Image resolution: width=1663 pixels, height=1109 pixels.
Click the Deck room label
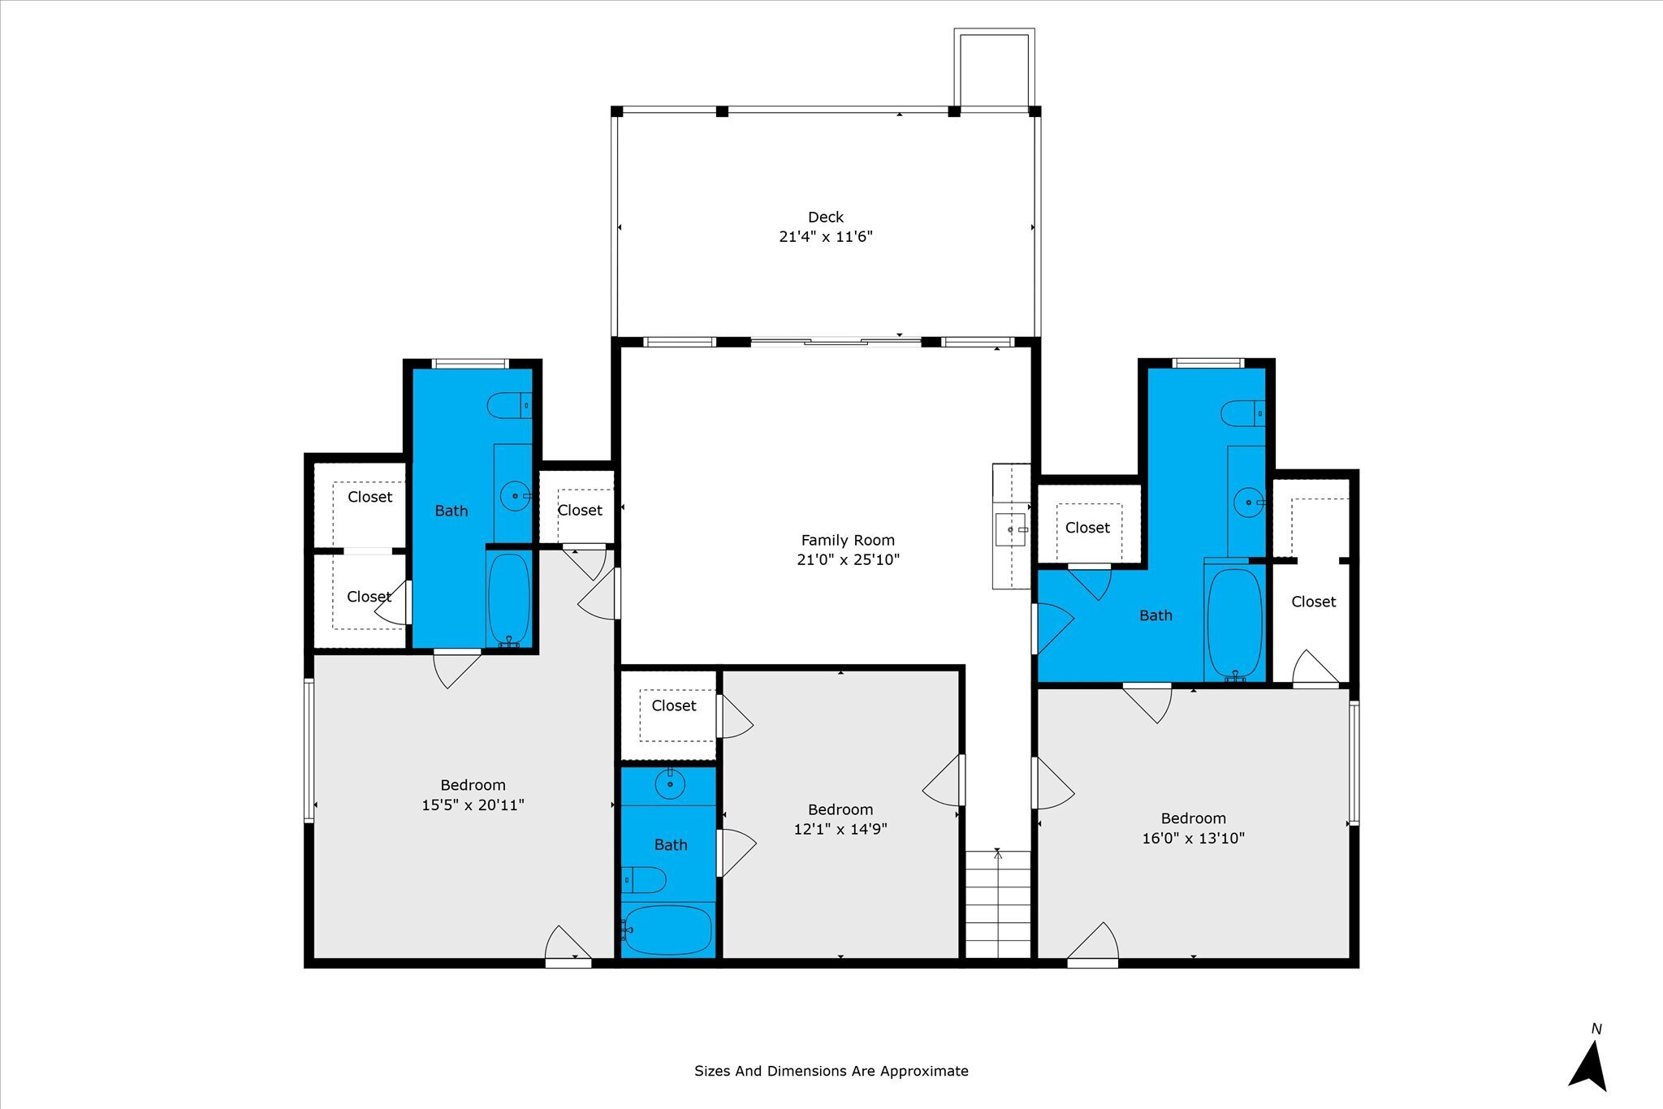pyautogui.click(x=826, y=217)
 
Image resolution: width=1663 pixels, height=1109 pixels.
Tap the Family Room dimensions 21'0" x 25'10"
pyautogui.click(x=849, y=559)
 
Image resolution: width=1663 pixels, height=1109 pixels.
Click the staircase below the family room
pyautogui.click(x=998, y=904)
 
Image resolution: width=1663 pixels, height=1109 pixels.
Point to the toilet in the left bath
pyautogui.click(x=509, y=405)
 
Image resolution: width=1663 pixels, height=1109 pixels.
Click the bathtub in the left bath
pyautogui.click(x=509, y=599)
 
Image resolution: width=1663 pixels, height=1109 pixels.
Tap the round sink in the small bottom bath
pyautogui.click(x=670, y=784)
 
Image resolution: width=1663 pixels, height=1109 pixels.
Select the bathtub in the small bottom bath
pyautogui.click(x=667, y=930)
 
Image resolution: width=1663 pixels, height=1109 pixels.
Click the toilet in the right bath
pyautogui.click(x=1243, y=412)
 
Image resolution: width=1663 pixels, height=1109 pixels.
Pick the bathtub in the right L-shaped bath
pyautogui.click(x=1235, y=624)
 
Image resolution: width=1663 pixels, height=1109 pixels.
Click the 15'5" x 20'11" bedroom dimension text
pyautogui.click(x=473, y=805)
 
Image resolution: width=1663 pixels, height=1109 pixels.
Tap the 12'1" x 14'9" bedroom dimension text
pyautogui.click(x=840, y=829)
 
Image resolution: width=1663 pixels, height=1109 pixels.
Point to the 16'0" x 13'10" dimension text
pyautogui.click(x=1193, y=838)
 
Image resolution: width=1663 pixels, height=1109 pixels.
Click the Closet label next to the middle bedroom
pyautogui.click(x=674, y=706)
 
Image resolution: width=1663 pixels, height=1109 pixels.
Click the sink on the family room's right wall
pyautogui.click(x=1012, y=529)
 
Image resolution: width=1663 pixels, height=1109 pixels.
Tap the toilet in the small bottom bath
pyautogui.click(x=644, y=879)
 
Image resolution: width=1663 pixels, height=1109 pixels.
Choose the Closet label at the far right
pyautogui.click(x=1313, y=602)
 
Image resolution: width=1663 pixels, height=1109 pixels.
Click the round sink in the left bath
pyautogui.click(x=515, y=495)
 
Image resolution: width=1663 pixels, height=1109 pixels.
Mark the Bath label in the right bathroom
pyautogui.click(x=1155, y=615)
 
